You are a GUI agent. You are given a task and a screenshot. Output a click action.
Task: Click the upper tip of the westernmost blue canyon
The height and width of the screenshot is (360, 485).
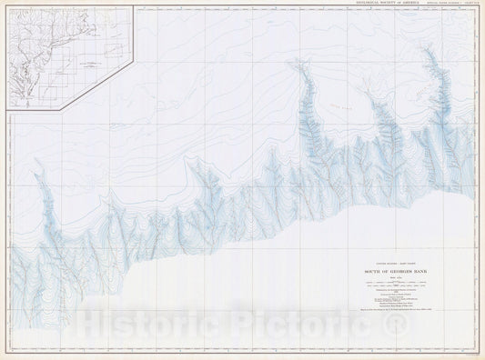pos(37,164)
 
